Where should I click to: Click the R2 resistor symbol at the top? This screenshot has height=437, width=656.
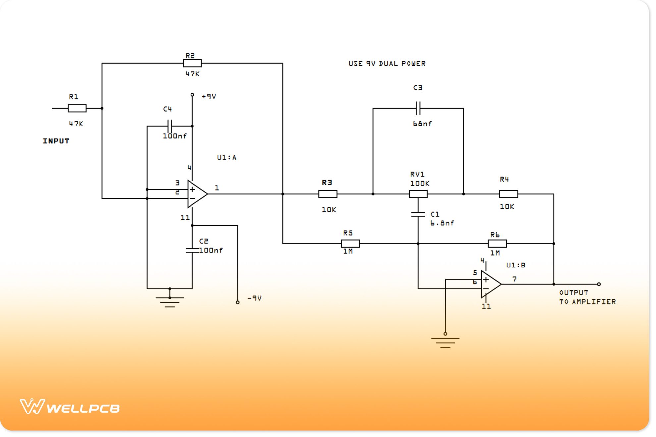pyautogui.click(x=192, y=63)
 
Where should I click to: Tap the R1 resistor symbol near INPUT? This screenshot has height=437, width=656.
pyautogui.click(x=77, y=108)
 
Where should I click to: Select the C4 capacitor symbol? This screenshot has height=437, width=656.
pyautogui.click(x=170, y=126)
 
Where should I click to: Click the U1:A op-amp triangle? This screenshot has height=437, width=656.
pyautogui.click(x=196, y=194)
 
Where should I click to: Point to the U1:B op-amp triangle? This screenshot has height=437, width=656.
pyautogui.click(x=490, y=284)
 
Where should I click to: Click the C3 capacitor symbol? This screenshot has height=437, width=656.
pyautogui.click(x=418, y=108)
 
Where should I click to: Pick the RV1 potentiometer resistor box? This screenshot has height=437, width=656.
pyautogui.click(x=418, y=194)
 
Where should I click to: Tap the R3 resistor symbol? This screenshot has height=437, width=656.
pyautogui.click(x=328, y=194)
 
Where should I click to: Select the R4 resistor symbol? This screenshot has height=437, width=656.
pyautogui.click(x=508, y=194)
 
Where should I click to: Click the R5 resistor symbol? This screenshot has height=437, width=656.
pyautogui.click(x=350, y=244)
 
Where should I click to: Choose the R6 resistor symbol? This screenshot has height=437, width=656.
pyautogui.click(x=497, y=244)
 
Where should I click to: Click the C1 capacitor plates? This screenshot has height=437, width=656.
pyautogui.click(x=418, y=214)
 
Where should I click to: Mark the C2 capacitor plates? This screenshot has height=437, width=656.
pyautogui.click(x=192, y=250)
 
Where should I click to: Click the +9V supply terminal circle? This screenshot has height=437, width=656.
pyautogui.click(x=192, y=95)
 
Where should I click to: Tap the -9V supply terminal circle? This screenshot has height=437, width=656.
pyautogui.click(x=237, y=302)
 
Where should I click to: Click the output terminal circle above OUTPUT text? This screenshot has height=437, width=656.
pyautogui.click(x=599, y=284)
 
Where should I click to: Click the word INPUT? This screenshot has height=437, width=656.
pyautogui.click(x=56, y=141)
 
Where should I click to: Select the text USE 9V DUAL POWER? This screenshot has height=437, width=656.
pyautogui.click(x=387, y=64)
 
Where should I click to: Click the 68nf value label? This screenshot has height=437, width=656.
pyautogui.click(x=422, y=124)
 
